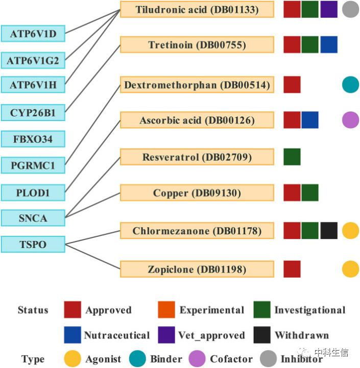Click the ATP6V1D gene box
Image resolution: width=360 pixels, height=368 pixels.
(x=33, y=34)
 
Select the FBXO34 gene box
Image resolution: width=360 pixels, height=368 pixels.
(x=33, y=139)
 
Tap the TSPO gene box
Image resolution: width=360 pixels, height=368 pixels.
(x=33, y=244)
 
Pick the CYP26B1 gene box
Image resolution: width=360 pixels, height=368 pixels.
(x=33, y=113)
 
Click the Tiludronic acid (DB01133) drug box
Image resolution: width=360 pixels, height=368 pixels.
(x=197, y=9)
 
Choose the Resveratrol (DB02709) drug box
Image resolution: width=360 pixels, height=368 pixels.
(x=197, y=157)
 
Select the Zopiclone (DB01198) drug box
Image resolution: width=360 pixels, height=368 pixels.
(x=197, y=269)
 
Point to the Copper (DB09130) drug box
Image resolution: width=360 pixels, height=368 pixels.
(x=197, y=193)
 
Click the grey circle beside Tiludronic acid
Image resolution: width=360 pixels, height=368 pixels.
(x=350, y=9)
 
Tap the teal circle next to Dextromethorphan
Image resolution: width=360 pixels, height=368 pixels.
(x=350, y=84)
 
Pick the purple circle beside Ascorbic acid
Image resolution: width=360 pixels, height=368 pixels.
(x=350, y=120)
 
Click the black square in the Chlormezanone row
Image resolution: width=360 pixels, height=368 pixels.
(x=329, y=231)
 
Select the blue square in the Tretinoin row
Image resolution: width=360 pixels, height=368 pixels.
(x=329, y=45)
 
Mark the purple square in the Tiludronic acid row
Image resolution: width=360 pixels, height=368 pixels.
(x=329, y=9)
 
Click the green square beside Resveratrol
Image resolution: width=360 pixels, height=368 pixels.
(x=292, y=157)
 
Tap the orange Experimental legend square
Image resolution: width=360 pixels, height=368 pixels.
(x=166, y=310)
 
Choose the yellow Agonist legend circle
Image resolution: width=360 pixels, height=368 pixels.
(x=73, y=359)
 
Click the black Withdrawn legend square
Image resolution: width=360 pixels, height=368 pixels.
(x=262, y=335)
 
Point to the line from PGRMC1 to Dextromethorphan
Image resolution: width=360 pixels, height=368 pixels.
(x=93, y=125)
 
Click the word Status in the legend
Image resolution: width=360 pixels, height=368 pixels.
(x=33, y=310)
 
